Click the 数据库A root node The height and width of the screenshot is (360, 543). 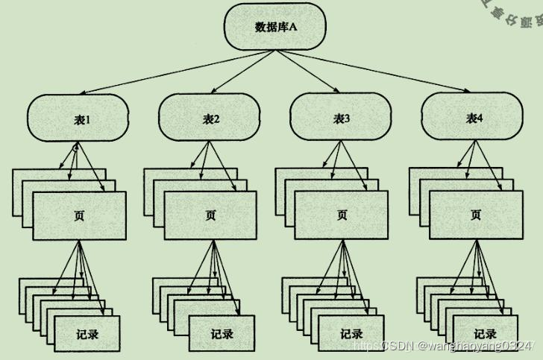275,27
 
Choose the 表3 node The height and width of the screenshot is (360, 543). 341,118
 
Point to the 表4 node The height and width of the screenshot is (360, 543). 474,118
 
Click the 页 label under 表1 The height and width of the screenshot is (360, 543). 80,215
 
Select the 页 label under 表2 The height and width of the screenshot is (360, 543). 211,215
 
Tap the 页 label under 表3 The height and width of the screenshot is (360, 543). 342,215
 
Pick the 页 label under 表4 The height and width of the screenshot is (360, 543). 476,215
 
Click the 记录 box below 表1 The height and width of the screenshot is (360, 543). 87,333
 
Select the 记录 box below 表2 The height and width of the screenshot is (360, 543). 222,333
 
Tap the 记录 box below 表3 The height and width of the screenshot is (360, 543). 351,333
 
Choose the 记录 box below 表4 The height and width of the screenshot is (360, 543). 486,333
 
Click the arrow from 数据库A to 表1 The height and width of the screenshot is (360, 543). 164,72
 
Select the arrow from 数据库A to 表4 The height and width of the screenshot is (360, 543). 388,72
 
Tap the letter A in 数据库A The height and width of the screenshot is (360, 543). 294,27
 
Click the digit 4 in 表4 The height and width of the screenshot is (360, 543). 480,118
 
